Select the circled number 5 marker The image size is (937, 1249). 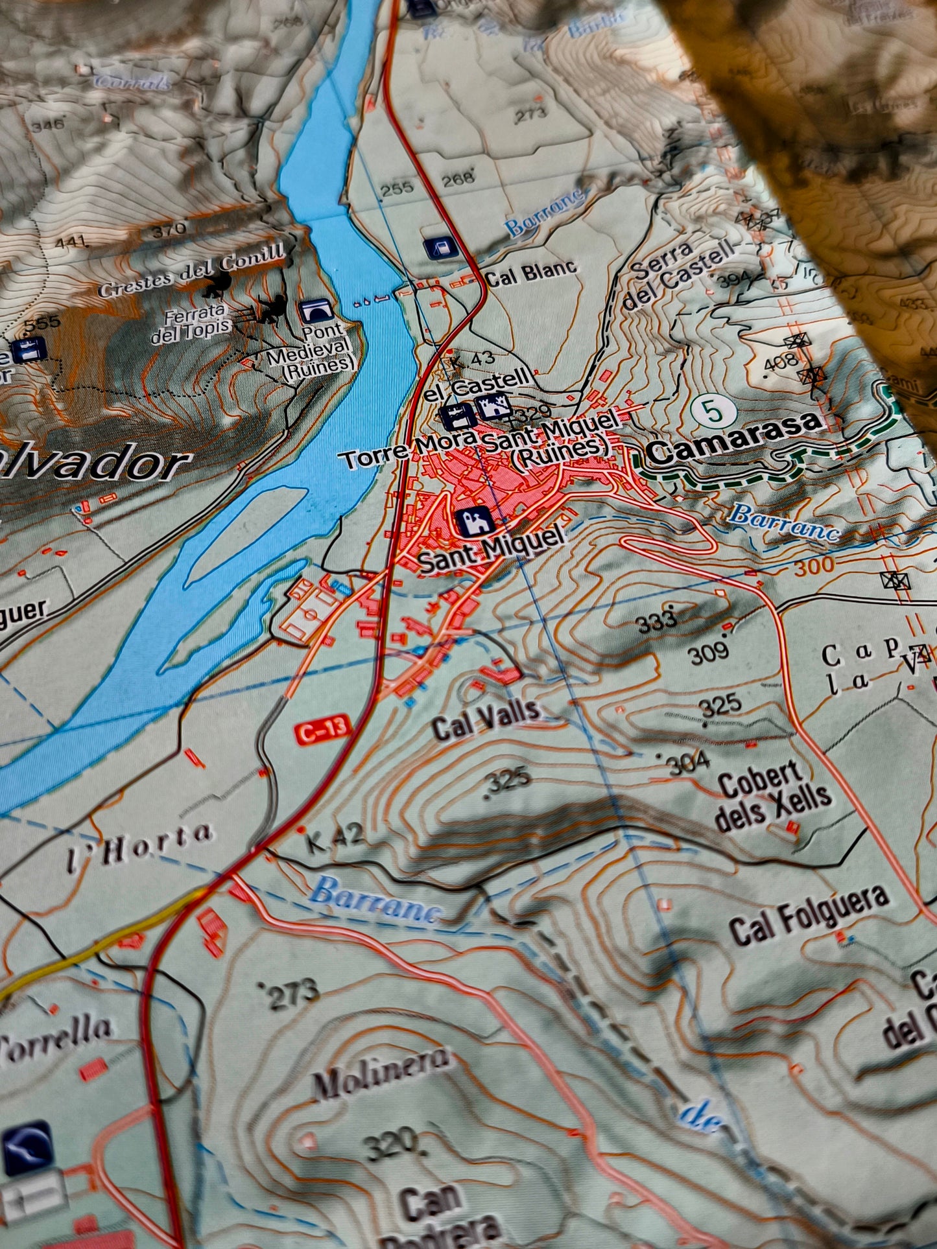713,411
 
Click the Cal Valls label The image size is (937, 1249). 486,719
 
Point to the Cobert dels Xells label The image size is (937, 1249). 772,797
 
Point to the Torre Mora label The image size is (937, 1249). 409,452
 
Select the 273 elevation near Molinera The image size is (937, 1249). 290,993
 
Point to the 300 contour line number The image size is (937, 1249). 812,566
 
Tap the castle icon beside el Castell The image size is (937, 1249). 493,407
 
